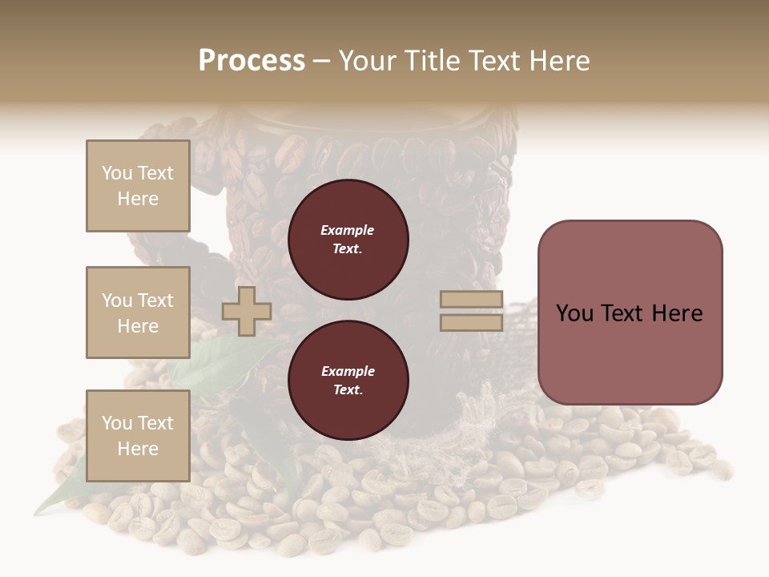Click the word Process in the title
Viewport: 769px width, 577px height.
[252, 61]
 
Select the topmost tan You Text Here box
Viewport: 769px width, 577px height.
[138, 186]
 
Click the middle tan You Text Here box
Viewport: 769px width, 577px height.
[138, 313]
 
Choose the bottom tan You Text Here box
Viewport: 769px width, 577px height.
[138, 435]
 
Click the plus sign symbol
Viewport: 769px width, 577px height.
[247, 311]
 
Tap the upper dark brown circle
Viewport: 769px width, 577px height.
[348, 239]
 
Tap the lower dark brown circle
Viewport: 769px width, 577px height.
[348, 380]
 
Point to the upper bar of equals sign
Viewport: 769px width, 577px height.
[471, 300]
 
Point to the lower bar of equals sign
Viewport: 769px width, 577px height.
[471, 322]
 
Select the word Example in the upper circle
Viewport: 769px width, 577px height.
[347, 230]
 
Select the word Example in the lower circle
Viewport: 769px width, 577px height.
[347, 371]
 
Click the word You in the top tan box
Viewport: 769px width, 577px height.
[117, 173]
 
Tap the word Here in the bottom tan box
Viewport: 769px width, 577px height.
[138, 449]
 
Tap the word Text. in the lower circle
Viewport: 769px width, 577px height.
[347, 390]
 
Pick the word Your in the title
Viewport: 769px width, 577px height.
[369, 61]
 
